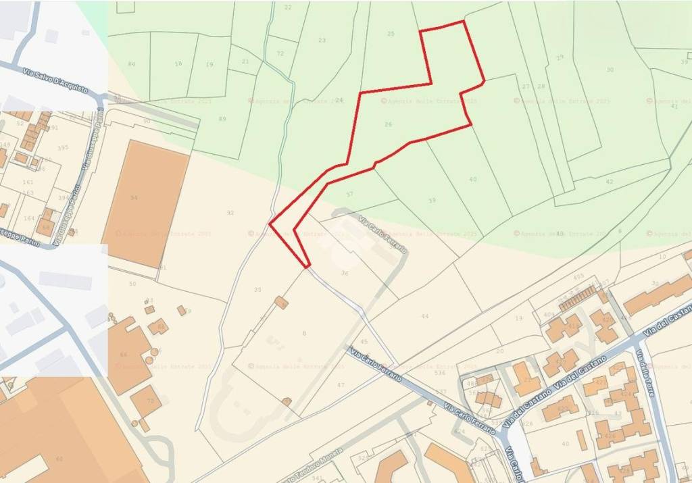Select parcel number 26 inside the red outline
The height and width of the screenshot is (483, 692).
[388, 124]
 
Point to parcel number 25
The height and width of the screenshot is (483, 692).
[391, 34]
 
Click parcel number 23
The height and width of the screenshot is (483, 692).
[322, 41]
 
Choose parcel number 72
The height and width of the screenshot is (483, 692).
[280, 53]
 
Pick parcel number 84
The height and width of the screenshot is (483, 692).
[131, 64]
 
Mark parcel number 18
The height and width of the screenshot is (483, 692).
[178, 63]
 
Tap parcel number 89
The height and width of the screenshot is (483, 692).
[223, 119]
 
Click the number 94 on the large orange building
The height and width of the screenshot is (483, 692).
[134, 198]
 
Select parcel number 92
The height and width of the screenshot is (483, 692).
[230, 213]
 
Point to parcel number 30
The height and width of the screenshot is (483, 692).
[610, 70]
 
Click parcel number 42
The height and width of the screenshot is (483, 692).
[610, 182]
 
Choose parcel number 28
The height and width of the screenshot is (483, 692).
[541, 86]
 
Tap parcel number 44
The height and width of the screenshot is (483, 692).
[424, 316]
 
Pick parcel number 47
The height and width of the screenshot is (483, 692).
[341, 384]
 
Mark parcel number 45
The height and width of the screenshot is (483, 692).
[364, 342]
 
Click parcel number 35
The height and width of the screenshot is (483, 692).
[257, 290]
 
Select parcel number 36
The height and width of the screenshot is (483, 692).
[345, 273]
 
